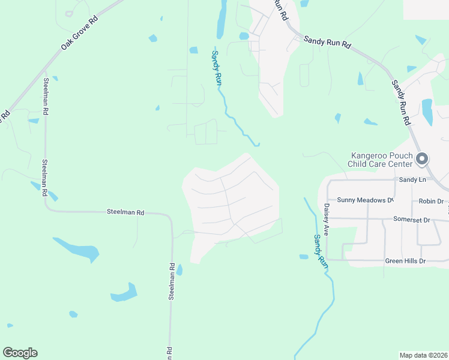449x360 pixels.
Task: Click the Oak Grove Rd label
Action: click(79, 34)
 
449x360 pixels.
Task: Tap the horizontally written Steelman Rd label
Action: click(125, 212)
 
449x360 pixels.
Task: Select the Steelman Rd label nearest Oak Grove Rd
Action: click(46, 95)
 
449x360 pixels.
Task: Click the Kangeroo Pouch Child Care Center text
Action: click(382, 160)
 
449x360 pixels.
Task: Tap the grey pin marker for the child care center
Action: click(422, 159)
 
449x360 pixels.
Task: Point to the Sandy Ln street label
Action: click(413, 179)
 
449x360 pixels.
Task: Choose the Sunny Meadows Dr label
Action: click(365, 200)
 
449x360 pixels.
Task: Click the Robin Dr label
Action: click(431, 202)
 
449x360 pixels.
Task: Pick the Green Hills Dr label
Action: click(405, 261)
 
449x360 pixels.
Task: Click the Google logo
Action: click(20, 353)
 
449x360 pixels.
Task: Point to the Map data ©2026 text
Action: click(423, 355)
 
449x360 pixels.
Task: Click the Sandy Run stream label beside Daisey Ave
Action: click(321, 250)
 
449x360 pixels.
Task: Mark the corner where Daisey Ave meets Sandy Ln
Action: click(327, 180)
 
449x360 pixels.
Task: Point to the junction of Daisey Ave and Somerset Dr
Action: click(327, 219)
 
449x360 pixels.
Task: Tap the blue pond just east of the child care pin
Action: click(427, 112)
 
